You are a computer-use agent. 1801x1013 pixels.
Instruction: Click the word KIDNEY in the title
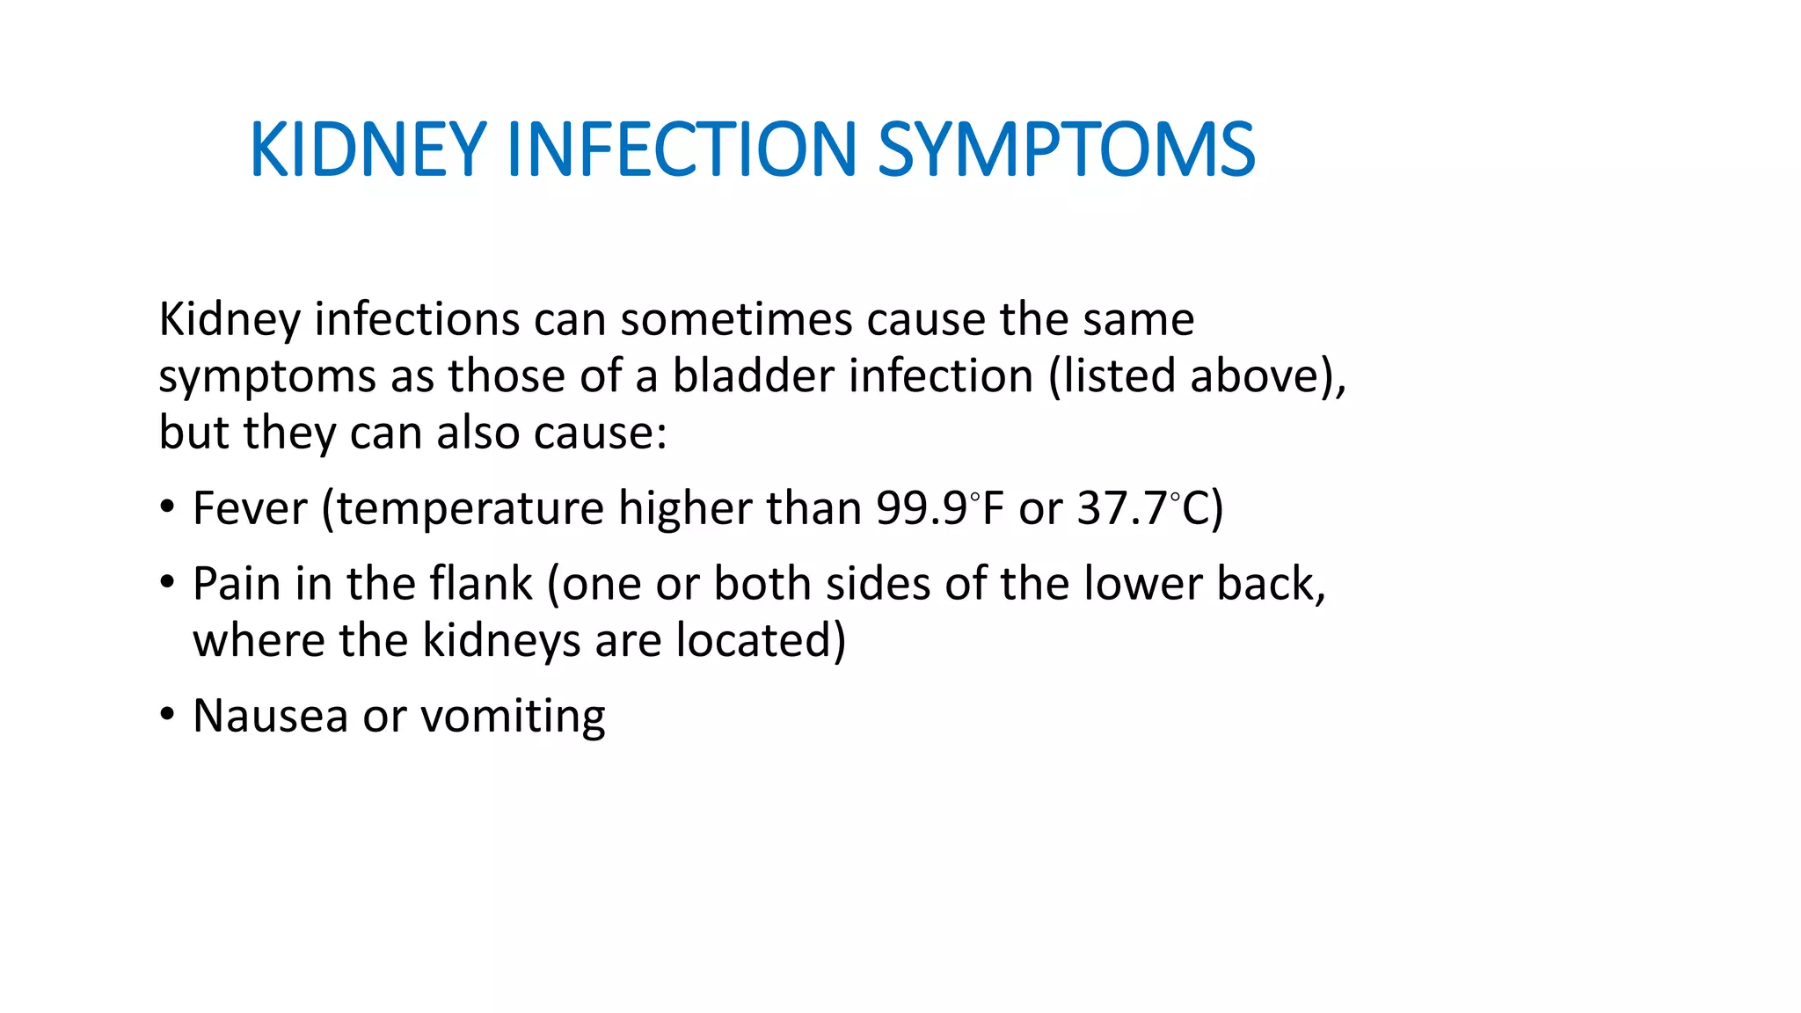click(368, 149)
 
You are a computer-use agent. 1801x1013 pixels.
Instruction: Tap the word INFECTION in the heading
click(682, 149)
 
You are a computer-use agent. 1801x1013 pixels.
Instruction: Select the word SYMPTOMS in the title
click(1066, 149)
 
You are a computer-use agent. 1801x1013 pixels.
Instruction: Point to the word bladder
click(754, 375)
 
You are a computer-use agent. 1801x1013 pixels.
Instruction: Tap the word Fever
click(250, 508)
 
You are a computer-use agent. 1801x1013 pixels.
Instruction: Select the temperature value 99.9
click(922, 508)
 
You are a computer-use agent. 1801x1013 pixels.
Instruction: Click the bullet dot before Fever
click(167, 508)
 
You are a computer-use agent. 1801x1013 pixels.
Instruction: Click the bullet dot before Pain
click(167, 583)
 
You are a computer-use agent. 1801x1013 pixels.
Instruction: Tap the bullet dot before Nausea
click(167, 715)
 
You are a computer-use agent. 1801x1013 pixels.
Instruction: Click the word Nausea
click(270, 715)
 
